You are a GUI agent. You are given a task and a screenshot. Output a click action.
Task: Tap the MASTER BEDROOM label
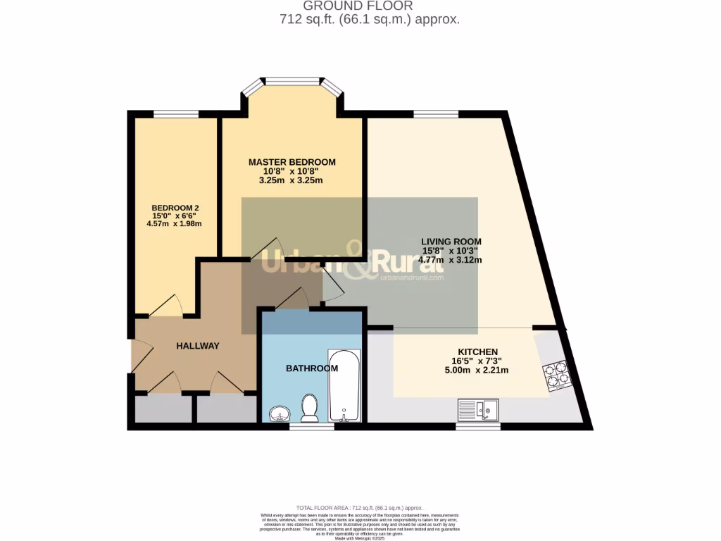click(292, 162)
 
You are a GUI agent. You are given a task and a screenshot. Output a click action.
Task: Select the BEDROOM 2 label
click(175, 208)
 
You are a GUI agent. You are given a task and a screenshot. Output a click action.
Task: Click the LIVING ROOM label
click(451, 242)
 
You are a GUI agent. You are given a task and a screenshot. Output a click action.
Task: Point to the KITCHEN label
click(478, 352)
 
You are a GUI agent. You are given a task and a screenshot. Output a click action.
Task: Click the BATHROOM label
click(312, 368)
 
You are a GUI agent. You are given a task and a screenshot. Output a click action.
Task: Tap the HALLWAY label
click(198, 346)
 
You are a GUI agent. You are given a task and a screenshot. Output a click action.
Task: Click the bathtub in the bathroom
click(344, 385)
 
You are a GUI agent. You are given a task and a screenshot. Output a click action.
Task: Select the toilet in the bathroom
click(308, 407)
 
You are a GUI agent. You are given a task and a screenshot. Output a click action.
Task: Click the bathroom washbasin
click(280, 413)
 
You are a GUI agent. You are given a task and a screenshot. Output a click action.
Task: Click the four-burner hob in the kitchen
click(556, 375)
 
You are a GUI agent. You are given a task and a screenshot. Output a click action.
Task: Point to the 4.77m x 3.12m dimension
click(450, 260)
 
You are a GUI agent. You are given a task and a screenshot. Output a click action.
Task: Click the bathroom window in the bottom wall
click(311, 426)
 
